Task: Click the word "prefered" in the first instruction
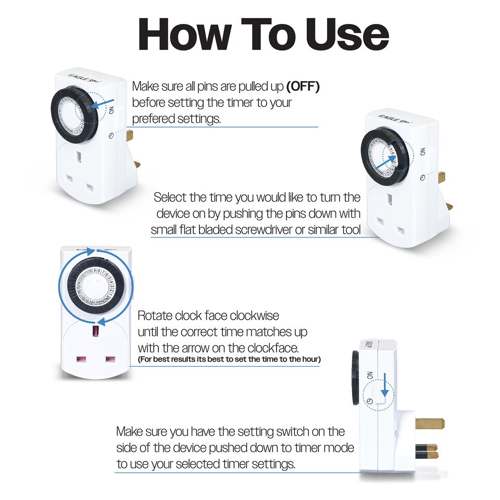click(x=157, y=118)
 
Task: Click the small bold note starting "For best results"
click(x=229, y=359)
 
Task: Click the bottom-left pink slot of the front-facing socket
click(x=81, y=360)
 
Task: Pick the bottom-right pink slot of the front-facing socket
click(x=110, y=360)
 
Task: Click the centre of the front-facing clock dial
click(x=95, y=284)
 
